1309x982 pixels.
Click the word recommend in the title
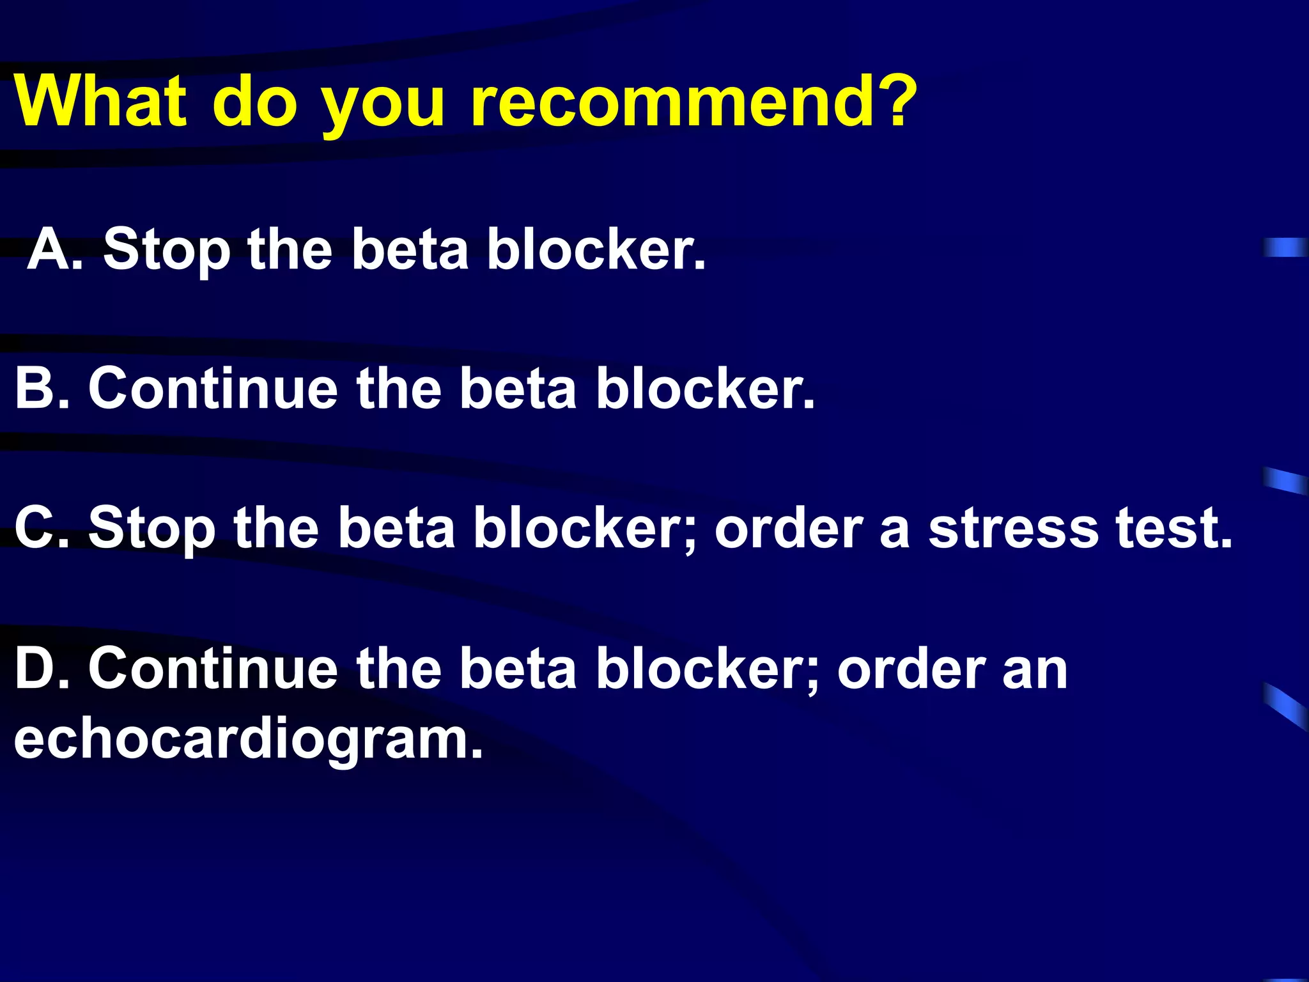[x=671, y=102]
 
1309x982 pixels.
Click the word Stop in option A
[x=166, y=251]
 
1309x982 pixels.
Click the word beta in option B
[x=518, y=389]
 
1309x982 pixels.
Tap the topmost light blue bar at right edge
[x=1285, y=247]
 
